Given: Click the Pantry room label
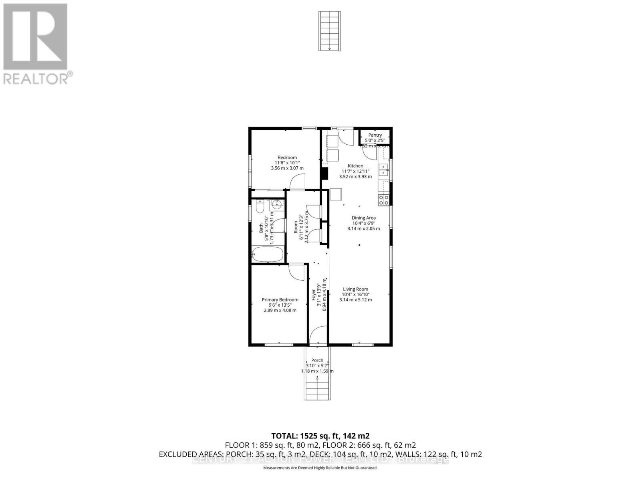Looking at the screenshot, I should click(375, 135).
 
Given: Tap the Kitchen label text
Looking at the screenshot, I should click(355, 166).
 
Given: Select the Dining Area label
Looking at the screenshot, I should click(363, 218).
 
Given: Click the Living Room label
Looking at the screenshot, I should click(355, 289).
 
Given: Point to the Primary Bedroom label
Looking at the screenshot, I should click(280, 299).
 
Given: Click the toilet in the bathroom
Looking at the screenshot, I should click(260, 207).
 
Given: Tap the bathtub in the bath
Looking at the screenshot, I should click(268, 254).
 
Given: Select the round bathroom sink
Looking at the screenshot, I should click(276, 205).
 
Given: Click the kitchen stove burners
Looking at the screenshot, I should click(384, 200).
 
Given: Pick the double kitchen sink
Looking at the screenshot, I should click(384, 170).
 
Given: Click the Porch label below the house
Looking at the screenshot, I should click(317, 360).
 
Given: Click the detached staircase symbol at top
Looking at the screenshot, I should click(330, 31).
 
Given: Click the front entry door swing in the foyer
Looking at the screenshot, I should click(318, 335).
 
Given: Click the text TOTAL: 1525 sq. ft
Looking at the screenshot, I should click(320, 436).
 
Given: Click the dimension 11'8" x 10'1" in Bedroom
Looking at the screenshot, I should click(287, 163).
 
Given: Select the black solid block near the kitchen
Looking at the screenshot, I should click(325, 173).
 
